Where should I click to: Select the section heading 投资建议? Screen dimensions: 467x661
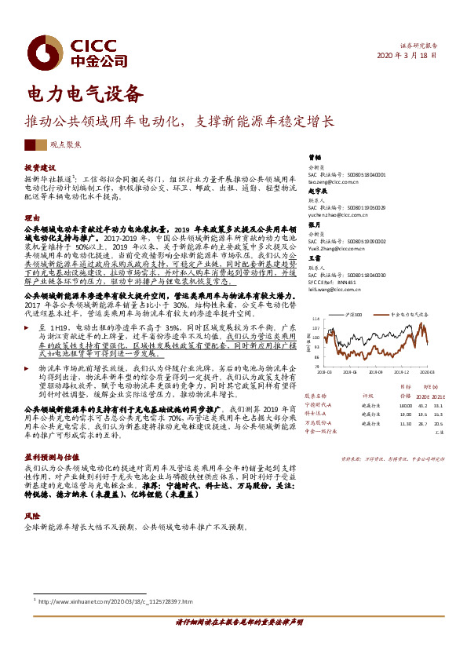click(40, 168)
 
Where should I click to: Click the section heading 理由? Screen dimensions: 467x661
click(32, 217)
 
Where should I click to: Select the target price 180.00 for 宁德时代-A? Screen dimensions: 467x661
click(405, 405)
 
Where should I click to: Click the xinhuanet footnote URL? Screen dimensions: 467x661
click(114, 602)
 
